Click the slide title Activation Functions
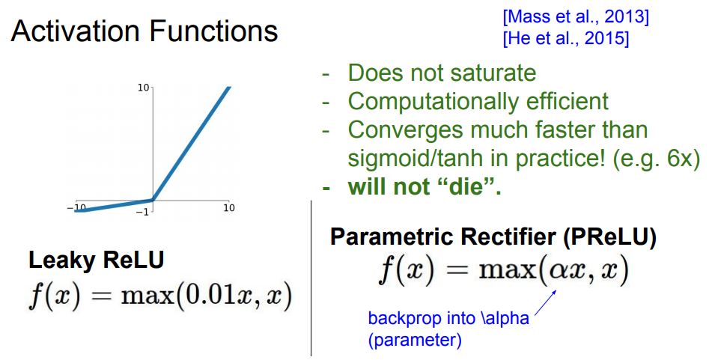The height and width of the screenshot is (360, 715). (x=144, y=31)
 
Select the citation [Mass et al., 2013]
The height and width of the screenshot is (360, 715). (x=576, y=17)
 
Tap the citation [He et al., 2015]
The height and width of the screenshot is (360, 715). (x=566, y=38)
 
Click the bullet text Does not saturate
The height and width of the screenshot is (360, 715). (x=442, y=73)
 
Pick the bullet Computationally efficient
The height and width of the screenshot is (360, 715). (x=478, y=101)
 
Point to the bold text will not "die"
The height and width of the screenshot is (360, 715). (x=424, y=186)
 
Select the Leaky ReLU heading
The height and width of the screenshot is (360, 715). (x=97, y=260)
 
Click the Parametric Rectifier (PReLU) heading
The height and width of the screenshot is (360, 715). (x=493, y=237)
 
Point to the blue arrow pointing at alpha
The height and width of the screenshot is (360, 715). (x=545, y=302)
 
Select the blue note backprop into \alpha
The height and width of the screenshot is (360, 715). (x=448, y=318)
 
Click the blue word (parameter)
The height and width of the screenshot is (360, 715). (x=415, y=340)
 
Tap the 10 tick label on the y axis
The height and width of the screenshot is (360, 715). (x=143, y=87)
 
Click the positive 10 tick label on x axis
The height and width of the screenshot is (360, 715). (x=229, y=208)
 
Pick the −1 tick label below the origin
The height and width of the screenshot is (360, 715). (x=142, y=212)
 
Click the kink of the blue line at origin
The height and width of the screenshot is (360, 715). (x=153, y=200)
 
